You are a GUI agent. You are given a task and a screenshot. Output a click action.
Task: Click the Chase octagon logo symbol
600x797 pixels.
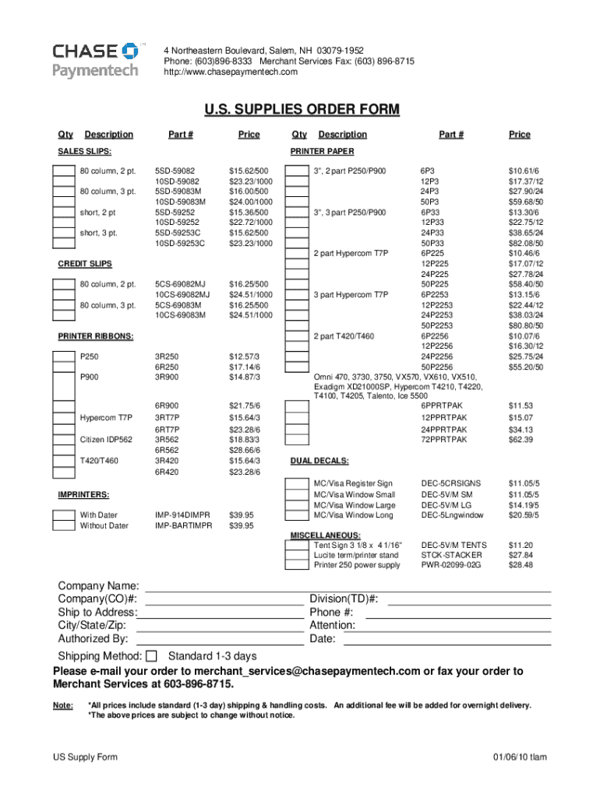coord(130,51)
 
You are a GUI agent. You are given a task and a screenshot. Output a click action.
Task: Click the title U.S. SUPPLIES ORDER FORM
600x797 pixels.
coord(300,109)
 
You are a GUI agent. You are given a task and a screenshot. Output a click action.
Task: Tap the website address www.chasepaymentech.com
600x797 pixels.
coord(231,72)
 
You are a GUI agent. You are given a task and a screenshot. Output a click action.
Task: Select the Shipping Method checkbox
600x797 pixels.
coord(152,656)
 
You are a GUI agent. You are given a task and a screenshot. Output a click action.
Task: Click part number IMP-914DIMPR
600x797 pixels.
coord(182,515)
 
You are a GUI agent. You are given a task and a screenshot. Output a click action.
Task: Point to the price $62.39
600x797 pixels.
coord(521,441)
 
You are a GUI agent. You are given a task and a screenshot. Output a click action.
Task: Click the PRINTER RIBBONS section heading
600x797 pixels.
coord(96,336)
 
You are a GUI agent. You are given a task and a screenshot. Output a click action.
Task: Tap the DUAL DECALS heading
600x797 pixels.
coord(319,460)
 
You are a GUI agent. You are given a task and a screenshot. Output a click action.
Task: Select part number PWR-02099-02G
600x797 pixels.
coord(451,565)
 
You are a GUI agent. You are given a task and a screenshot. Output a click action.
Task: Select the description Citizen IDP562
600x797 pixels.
coord(108,440)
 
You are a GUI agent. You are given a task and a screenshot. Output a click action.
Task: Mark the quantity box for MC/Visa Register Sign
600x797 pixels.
coord(296,483)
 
